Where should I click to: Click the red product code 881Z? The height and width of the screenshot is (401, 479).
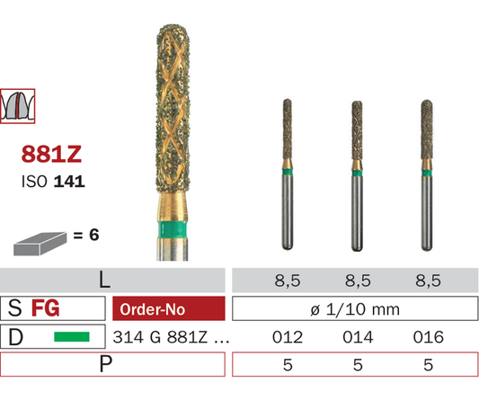(51, 154)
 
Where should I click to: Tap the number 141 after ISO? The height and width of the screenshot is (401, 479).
(69, 182)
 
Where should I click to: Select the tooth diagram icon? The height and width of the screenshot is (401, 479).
(17, 106)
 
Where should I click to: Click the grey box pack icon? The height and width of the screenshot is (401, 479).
(40, 244)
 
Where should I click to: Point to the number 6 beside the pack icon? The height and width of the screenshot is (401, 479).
(93, 235)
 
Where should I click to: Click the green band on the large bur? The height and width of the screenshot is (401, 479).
(172, 230)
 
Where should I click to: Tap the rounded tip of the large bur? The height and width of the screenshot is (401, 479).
(173, 29)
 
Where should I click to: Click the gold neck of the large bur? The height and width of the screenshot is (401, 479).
(173, 207)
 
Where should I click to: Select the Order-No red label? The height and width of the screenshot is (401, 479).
(169, 308)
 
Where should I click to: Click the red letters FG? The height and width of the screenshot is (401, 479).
(46, 308)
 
